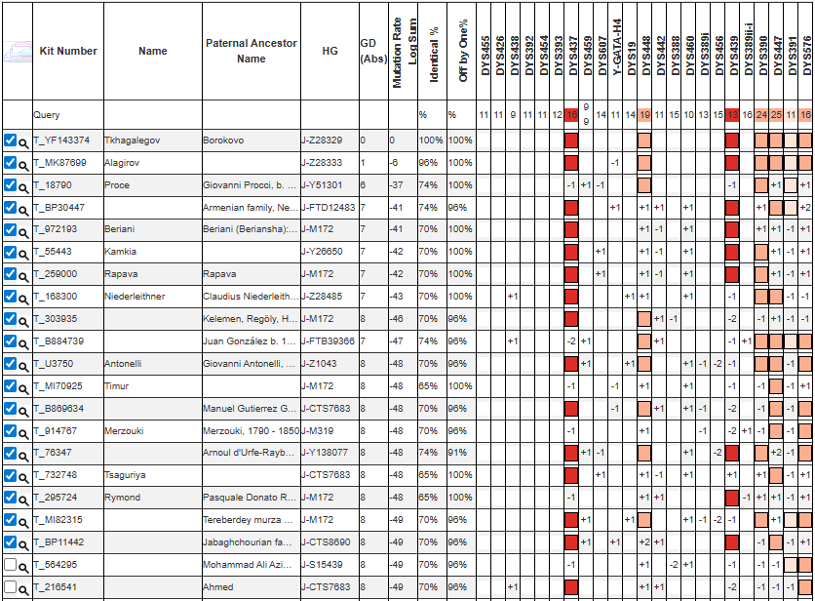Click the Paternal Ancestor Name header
click(x=251, y=51)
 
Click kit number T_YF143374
click(x=61, y=140)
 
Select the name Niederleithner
click(x=135, y=297)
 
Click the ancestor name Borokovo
click(x=223, y=140)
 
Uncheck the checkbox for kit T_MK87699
click(x=10, y=162)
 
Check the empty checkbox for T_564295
click(x=10, y=565)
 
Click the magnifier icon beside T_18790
click(x=24, y=185)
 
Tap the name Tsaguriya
click(x=126, y=475)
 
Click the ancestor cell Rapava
click(x=219, y=274)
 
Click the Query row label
click(x=47, y=115)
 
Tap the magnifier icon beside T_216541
click(x=24, y=587)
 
